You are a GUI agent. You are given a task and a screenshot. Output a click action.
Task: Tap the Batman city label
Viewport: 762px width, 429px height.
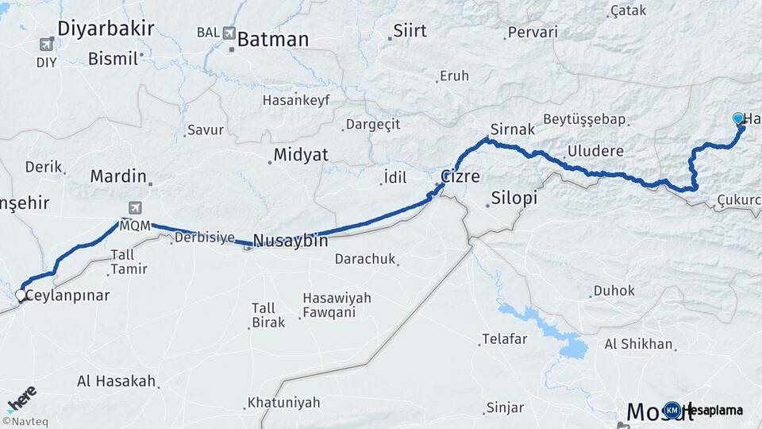pos(272,39)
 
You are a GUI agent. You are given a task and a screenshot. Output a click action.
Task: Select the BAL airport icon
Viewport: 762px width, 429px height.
pos(230,33)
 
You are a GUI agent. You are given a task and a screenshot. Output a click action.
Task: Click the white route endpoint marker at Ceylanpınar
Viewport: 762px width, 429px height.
pos(21,295)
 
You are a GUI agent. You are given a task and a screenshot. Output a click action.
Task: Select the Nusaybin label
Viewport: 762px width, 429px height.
pos(291,240)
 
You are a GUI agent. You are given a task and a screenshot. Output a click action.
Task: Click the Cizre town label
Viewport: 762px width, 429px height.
pos(460,176)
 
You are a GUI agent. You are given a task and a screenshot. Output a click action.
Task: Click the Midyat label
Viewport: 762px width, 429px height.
pos(301,155)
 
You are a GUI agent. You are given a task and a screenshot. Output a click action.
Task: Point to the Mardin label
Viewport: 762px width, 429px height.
pos(118,176)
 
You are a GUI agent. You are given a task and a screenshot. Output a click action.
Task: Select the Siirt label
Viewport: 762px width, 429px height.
pos(411,31)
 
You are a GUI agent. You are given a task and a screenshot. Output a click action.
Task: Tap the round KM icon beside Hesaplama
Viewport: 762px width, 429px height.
pos(672,410)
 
